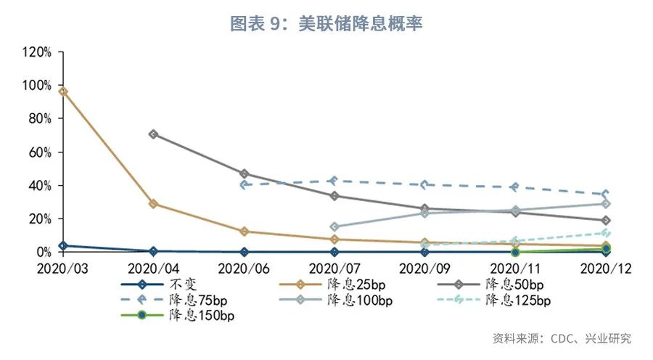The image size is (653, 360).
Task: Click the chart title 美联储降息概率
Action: [x=326, y=23]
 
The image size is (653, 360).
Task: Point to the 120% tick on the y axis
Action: [x=36, y=52]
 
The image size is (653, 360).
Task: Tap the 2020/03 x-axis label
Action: [x=63, y=268]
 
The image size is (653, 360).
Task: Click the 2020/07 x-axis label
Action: [x=334, y=268]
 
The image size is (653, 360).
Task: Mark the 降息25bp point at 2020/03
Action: [x=63, y=91]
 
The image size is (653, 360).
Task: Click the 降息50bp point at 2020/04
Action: [x=153, y=134]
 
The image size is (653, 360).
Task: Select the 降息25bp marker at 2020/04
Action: [x=153, y=204]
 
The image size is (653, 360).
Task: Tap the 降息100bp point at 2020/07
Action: [x=334, y=226]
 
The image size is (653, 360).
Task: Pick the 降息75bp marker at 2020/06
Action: [x=244, y=184]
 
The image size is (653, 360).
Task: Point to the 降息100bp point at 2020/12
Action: [x=606, y=204]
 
